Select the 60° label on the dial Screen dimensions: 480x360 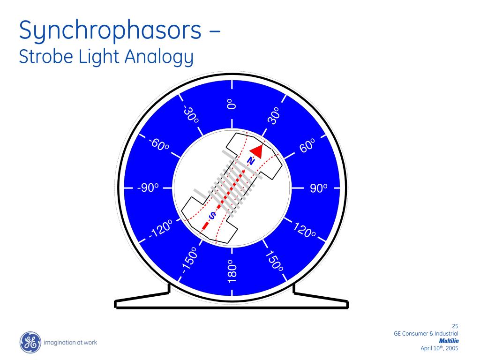click(x=307, y=145)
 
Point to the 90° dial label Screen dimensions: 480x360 click(x=318, y=188)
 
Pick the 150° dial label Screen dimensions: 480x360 click(x=275, y=262)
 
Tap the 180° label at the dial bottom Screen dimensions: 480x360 click(x=232, y=271)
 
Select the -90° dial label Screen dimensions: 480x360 click(x=148, y=188)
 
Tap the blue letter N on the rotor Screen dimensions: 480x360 click(x=251, y=161)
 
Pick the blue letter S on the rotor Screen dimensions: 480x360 click(x=212, y=216)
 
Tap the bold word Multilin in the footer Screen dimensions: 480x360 click(x=449, y=341)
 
